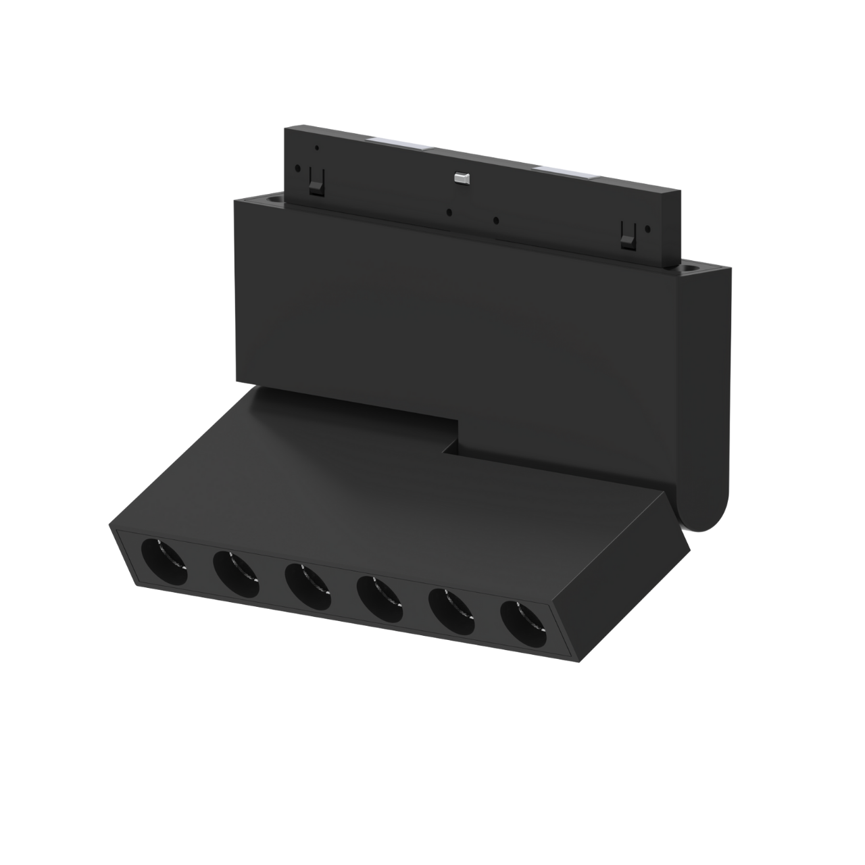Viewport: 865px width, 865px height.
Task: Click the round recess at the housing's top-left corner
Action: [274, 199]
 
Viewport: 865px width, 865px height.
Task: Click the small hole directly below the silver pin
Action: [449, 210]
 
